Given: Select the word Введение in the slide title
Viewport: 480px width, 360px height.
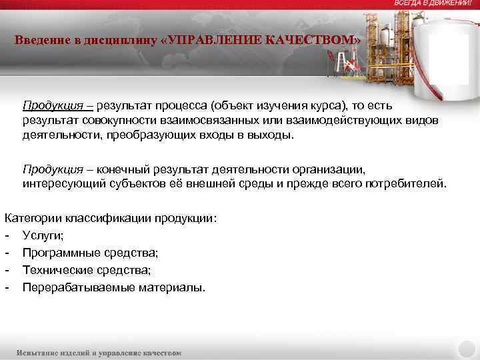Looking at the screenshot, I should click(41, 40).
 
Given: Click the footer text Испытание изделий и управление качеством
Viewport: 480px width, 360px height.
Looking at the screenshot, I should click(99, 352).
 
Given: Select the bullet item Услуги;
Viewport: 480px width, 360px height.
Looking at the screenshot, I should click(43, 235).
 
